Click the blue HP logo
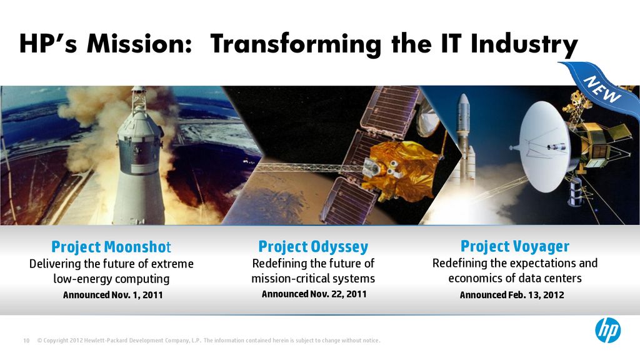click(x=607, y=330)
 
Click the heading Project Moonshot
click(x=111, y=247)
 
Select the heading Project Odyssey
click(x=313, y=247)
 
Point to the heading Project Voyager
click(x=515, y=246)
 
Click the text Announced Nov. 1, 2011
click(x=112, y=295)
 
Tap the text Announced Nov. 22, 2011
click(x=314, y=294)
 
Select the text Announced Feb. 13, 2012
click(x=512, y=295)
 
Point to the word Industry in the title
click(x=524, y=45)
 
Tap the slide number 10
click(x=26, y=341)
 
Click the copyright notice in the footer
click(x=209, y=341)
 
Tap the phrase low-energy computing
click(x=111, y=279)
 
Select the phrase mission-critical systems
click(x=313, y=278)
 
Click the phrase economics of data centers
click(x=515, y=278)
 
